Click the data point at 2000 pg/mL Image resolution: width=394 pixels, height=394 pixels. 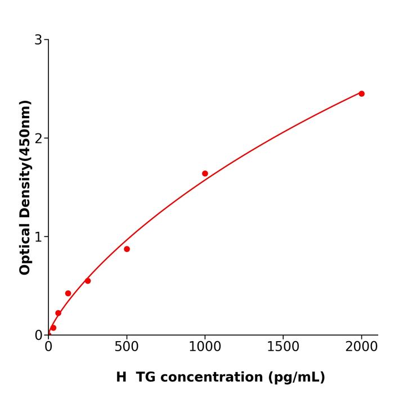(361, 93)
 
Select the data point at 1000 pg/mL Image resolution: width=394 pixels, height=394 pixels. (205, 173)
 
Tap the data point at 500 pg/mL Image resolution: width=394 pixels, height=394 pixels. (127, 249)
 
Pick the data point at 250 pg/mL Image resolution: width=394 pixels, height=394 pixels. (88, 281)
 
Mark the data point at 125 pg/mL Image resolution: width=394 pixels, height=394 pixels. (68, 293)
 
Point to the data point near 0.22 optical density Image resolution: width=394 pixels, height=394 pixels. (58, 313)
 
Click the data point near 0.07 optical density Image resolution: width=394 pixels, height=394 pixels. (53, 328)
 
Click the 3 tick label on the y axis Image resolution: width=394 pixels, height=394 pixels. (38, 40)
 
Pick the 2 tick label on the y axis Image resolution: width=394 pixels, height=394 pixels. (38, 138)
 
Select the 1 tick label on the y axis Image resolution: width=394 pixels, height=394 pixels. (38, 237)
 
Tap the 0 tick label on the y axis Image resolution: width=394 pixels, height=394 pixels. (38, 335)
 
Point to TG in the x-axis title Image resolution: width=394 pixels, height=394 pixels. (146, 377)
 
